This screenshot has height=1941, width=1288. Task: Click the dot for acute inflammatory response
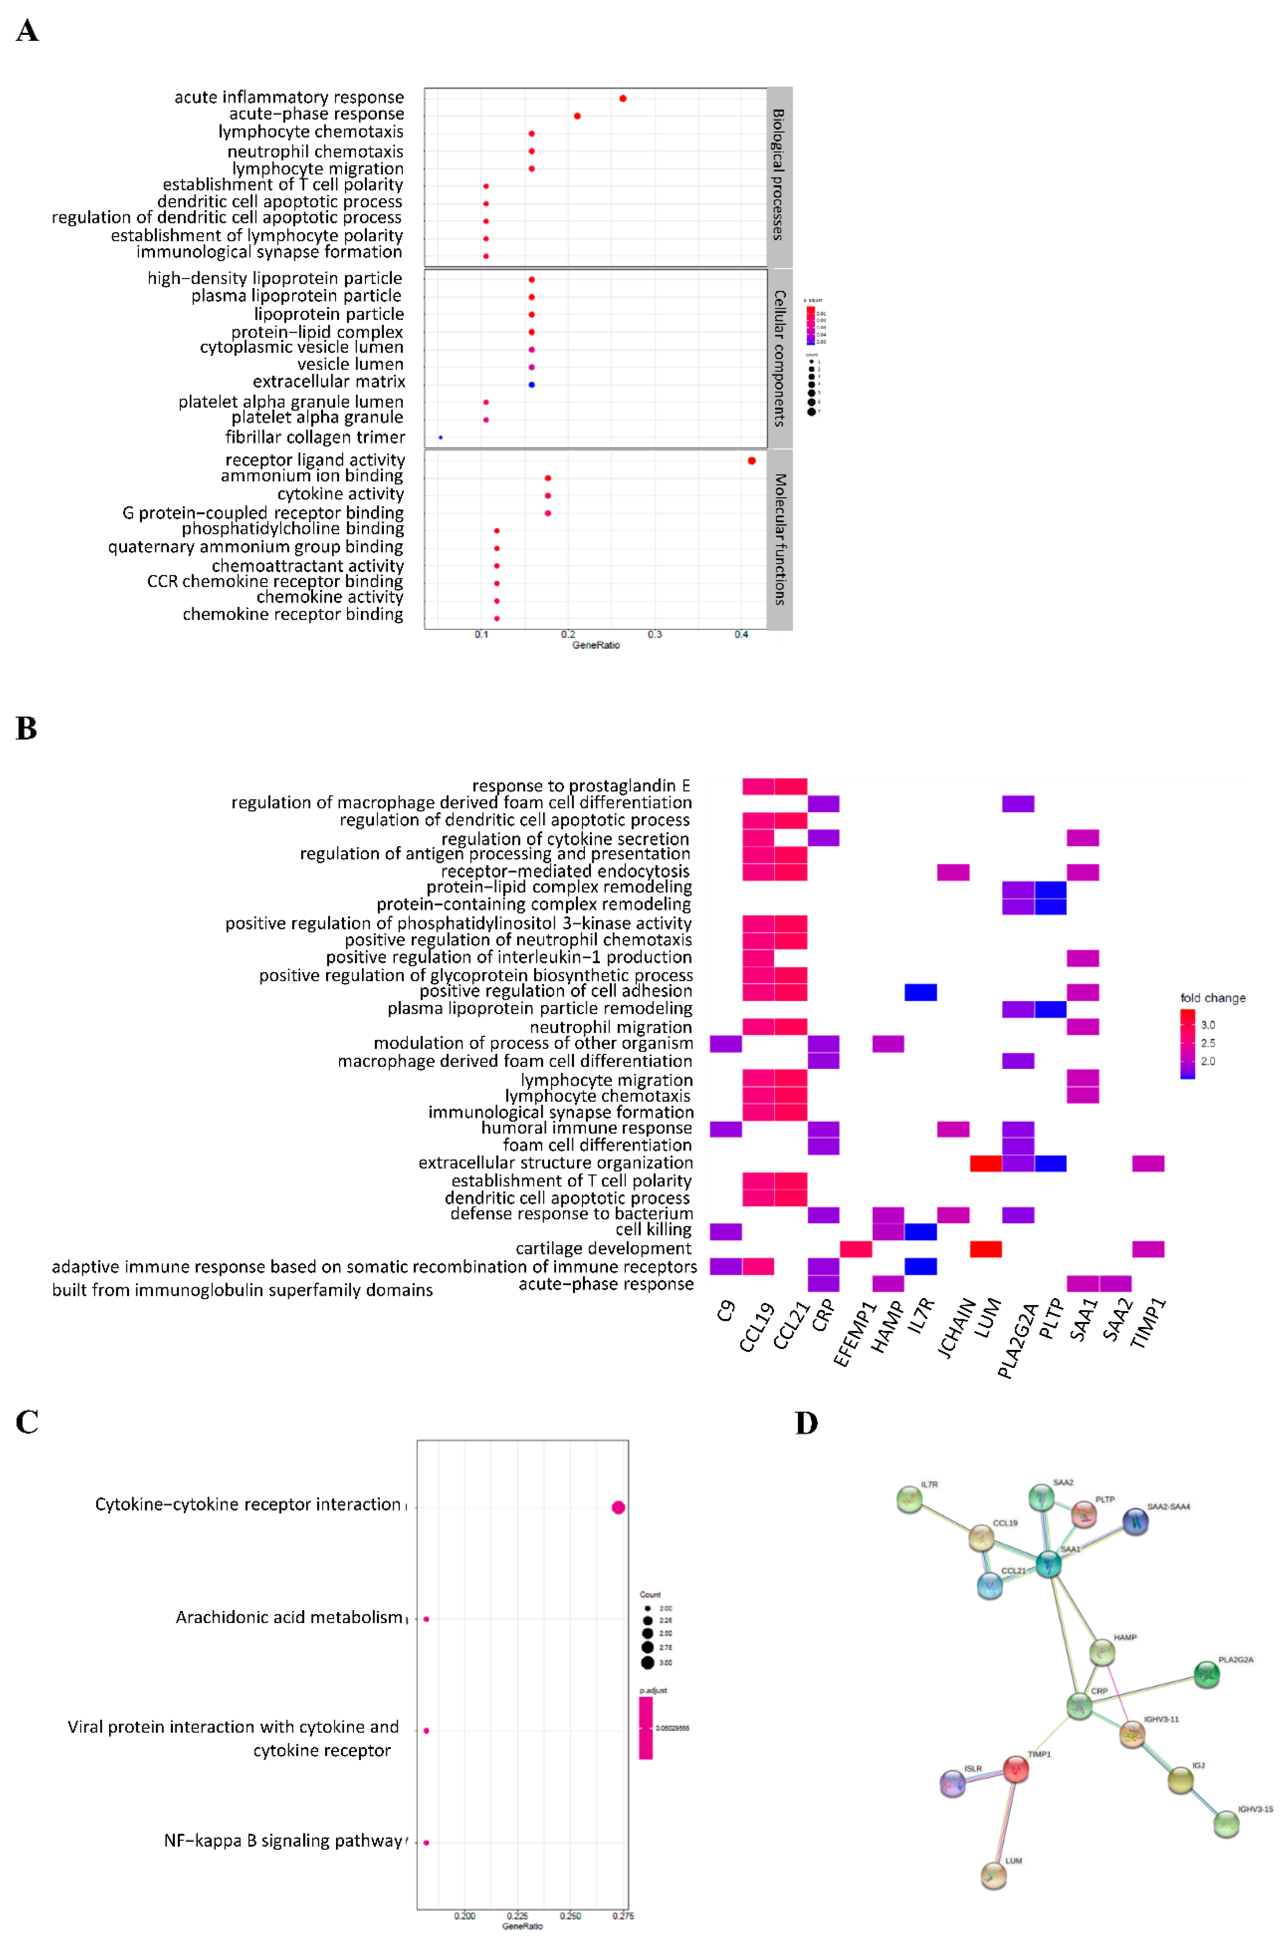tap(622, 99)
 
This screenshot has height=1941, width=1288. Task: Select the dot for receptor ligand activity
tap(752, 461)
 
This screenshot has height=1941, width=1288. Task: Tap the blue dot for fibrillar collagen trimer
tap(441, 437)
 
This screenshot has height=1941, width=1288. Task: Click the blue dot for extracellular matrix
tap(532, 384)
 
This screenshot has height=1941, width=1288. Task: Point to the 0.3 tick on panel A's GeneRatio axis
tap(655, 634)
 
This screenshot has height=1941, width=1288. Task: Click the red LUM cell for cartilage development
tap(986, 1249)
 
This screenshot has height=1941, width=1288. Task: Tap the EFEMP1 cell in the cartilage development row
tap(856, 1249)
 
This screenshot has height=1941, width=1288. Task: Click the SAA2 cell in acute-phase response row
tap(1115, 1284)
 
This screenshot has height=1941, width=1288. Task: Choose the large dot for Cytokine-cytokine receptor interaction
tap(618, 1507)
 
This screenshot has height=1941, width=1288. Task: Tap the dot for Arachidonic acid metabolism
tap(426, 1619)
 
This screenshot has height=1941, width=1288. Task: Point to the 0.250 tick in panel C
tap(570, 1915)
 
